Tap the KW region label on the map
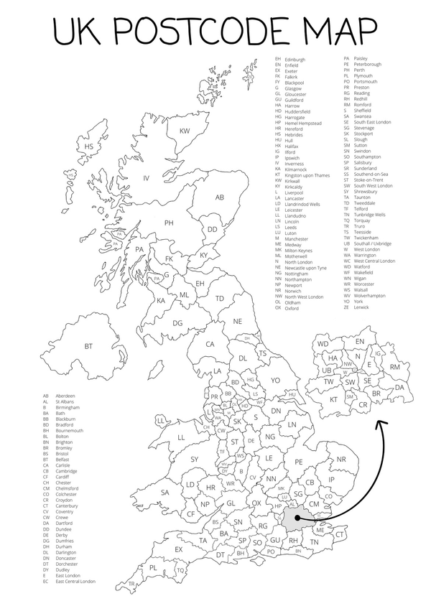point(184,131)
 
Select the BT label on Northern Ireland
point(89,346)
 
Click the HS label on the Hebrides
point(90,146)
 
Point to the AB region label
point(221,197)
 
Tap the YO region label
point(275,380)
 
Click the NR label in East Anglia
point(341,459)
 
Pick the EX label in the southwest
point(179,550)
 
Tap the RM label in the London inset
point(394,367)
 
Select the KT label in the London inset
point(334,399)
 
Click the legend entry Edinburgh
point(295,59)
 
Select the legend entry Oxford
point(292,308)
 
